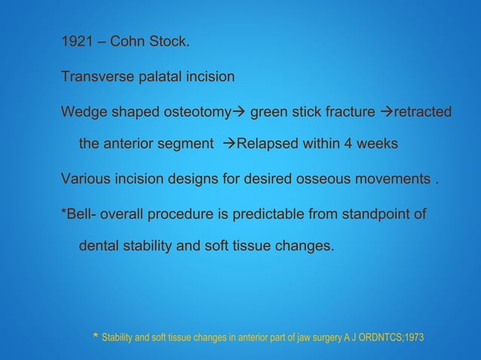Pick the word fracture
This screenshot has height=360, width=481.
click(348, 113)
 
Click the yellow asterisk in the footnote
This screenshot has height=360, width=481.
click(94, 336)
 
